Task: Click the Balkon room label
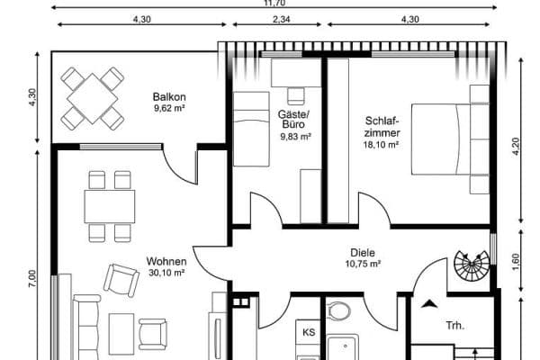click(169, 96)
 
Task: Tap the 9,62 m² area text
click(169, 109)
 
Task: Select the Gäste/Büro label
click(294, 119)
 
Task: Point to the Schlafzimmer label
click(382, 126)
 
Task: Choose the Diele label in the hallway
click(363, 253)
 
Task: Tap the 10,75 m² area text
click(363, 265)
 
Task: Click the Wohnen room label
click(166, 262)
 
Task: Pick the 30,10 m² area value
click(166, 273)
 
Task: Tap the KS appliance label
click(309, 332)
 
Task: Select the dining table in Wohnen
click(110, 206)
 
